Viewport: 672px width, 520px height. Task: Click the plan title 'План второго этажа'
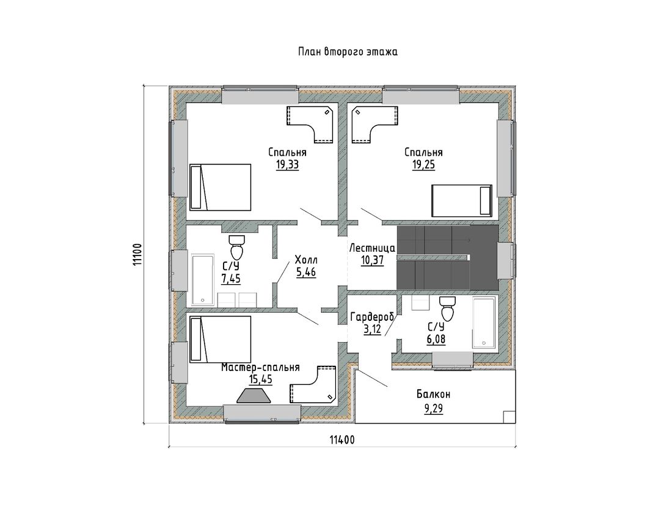point(348,52)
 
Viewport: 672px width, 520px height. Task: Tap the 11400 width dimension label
point(342,440)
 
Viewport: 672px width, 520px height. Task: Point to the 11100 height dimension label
point(137,255)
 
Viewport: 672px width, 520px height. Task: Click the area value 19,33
point(288,165)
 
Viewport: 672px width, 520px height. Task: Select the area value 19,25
point(423,165)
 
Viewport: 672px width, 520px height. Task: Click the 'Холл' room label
point(306,260)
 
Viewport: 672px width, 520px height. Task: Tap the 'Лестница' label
point(373,248)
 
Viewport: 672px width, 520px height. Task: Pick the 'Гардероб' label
point(372,317)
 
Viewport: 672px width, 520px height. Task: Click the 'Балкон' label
point(433,394)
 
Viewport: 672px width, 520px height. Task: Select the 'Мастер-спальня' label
point(261,367)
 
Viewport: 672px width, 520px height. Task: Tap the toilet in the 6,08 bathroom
point(447,309)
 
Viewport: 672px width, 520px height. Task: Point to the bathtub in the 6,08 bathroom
point(483,323)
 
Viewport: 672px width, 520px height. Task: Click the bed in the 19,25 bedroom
point(462,200)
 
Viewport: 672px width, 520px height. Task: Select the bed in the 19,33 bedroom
point(221,188)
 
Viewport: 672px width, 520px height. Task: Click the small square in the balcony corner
point(509,417)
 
